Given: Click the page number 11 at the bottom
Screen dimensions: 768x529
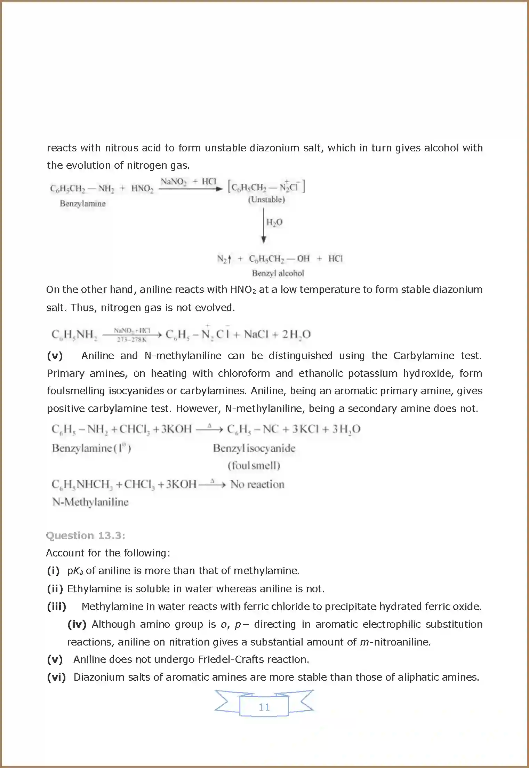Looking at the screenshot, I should click(x=264, y=707).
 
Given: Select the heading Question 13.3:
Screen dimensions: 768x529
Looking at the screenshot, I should click(x=86, y=536).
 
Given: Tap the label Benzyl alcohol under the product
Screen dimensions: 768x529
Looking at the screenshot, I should click(x=278, y=273).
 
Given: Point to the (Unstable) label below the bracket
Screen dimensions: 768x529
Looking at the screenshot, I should click(x=266, y=199).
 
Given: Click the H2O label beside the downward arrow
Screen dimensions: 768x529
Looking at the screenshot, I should click(x=274, y=222).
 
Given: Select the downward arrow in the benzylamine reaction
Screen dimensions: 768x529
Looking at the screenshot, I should click(x=264, y=225).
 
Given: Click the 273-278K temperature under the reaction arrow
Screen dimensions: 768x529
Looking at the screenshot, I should click(x=131, y=339).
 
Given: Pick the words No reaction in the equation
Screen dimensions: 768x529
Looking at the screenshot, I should click(x=257, y=484).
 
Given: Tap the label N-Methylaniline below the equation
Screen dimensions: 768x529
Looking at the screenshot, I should click(x=90, y=502).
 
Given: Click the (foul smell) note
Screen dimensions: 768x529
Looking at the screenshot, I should click(x=254, y=466).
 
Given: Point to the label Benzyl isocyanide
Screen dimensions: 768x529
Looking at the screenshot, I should click(x=254, y=448).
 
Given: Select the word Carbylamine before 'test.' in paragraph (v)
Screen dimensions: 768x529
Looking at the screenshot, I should click(x=424, y=356).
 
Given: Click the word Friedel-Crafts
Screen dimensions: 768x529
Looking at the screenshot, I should click(x=236, y=659).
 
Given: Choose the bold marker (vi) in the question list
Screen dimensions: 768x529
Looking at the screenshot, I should click(x=56, y=677).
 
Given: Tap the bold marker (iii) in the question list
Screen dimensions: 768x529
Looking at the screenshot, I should click(x=57, y=607).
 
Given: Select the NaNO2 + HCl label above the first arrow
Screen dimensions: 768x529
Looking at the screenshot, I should click(x=188, y=181).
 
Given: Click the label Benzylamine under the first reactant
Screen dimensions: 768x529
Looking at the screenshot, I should click(x=83, y=204).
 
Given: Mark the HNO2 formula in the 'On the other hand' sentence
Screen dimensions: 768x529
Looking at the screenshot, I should click(x=243, y=290).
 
